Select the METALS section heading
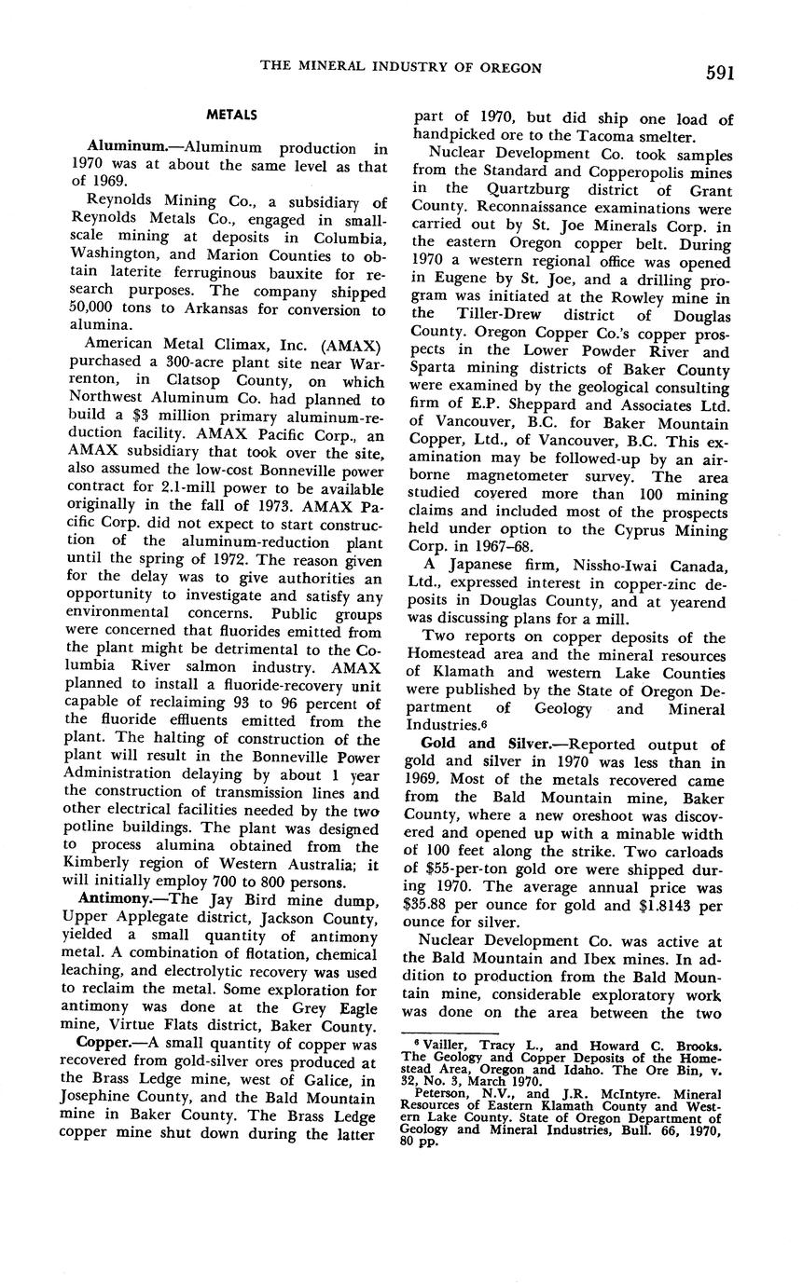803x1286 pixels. pos(231,115)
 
